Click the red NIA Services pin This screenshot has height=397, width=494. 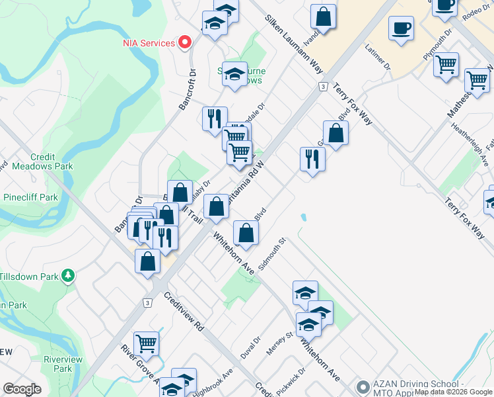pyautogui.click(x=186, y=42)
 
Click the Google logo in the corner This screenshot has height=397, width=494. pyautogui.click(x=22, y=389)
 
